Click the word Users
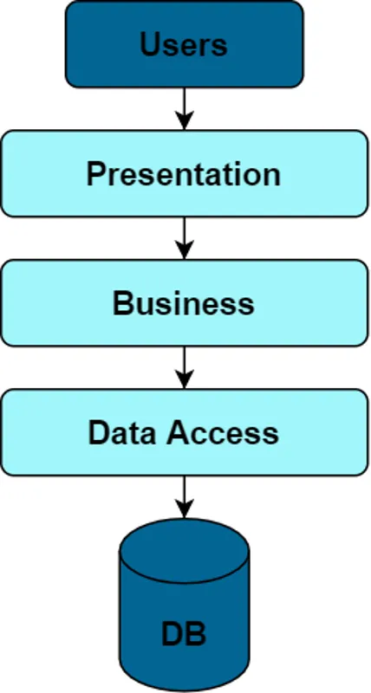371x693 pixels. click(x=184, y=45)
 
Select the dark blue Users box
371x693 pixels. click(x=185, y=44)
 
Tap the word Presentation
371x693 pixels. click(x=184, y=174)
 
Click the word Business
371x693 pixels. click(x=184, y=303)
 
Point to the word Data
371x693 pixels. click(x=122, y=432)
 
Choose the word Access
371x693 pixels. click(x=223, y=432)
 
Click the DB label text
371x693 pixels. click(x=184, y=634)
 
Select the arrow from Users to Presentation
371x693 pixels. click(x=184, y=109)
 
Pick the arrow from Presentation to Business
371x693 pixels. click(x=184, y=238)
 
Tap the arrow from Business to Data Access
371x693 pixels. click(x=184, y=367)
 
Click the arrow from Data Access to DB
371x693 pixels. click(x=184, y=497)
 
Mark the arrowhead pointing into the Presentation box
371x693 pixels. click(x=184, y=120)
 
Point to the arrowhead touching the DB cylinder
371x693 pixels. click(x=184, y=509)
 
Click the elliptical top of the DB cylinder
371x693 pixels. click(x=184, y=551)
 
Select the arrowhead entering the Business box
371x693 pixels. click(x=184, y=250)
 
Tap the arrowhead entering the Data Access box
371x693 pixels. click(x=184, y=379)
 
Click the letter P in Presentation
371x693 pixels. click(x=96, y=174)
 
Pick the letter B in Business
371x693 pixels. click(x=123, y=303)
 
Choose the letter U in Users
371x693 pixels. click(x=150, y=45)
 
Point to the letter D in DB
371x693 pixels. click(x=172, y=634)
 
